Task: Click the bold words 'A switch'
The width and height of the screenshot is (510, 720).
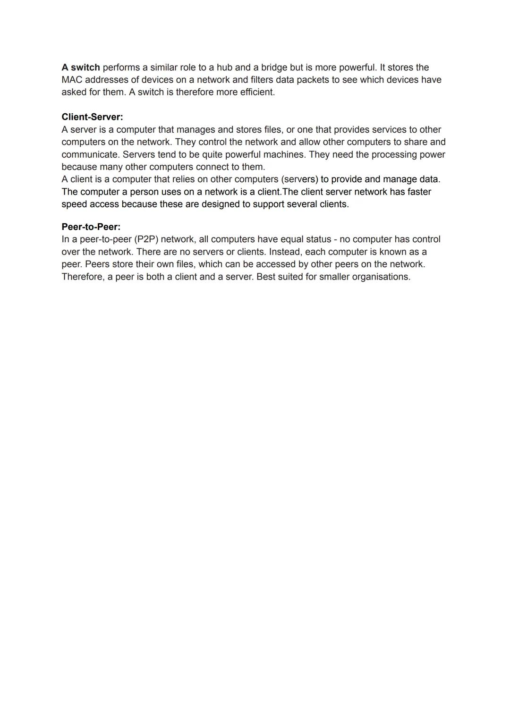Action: [x=80, y=68]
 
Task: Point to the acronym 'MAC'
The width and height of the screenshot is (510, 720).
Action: [x=72, y=80]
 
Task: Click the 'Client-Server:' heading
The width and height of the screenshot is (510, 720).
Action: [x=92, y=117]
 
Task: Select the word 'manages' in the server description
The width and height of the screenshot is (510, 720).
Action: [x=195, y=129]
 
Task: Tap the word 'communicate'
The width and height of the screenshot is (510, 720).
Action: [x=90, y=154]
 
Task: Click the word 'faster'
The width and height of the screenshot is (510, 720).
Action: [x=417, y=192]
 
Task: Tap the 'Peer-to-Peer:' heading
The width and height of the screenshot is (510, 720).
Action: [x=91, y=227]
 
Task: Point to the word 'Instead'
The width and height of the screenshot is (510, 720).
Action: [x=284, y=252]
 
